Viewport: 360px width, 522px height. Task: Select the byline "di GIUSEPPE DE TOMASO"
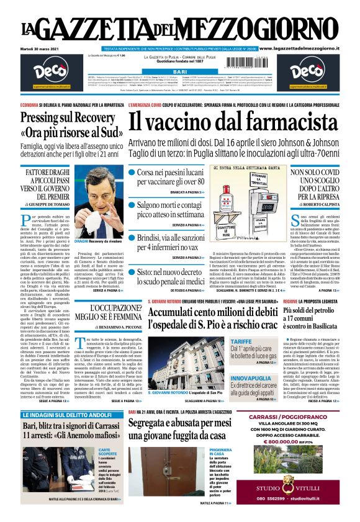56,203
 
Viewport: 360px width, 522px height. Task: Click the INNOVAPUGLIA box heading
250,377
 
